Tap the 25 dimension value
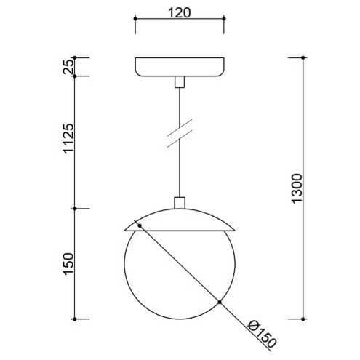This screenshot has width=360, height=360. [x=68, y=67]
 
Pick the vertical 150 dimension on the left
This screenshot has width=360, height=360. [x=68, y=264]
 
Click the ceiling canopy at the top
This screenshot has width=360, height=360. [x=180, y=66]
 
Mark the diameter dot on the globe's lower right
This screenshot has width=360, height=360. [x=218, y=301]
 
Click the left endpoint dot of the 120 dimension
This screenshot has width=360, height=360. [x=136, y=18]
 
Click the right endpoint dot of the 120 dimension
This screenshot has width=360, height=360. [x=224, y=18]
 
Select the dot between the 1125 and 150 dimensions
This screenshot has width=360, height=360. [x=78, y=209]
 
